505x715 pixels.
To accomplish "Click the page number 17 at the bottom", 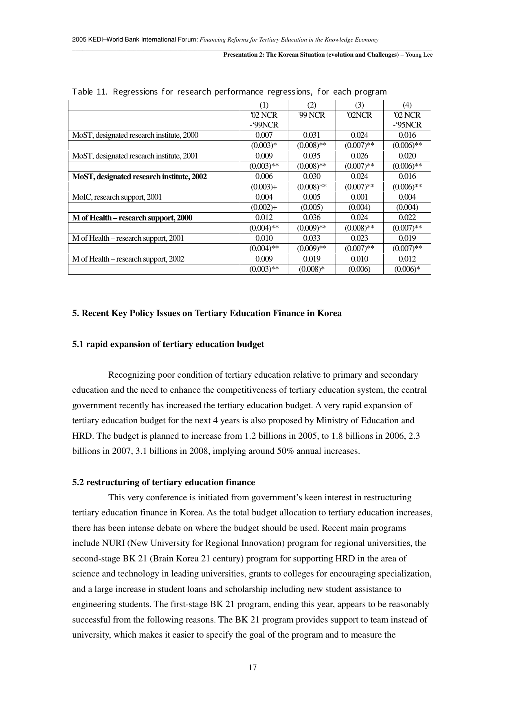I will [x=253, y=667].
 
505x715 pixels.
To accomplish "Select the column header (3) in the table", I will [x=359, y=105].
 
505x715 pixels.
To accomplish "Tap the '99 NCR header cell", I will [x=312, y=115].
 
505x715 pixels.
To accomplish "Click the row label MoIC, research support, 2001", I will [x=117, y=197].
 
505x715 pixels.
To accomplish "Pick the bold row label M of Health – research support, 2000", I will [x=132, y=218].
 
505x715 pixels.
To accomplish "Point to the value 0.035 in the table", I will [x=312, y=156].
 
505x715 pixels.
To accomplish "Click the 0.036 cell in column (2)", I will [x=312, y=218].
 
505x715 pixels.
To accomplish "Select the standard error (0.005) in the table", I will [x=312, y=207].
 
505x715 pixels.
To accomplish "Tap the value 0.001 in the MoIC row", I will [x=359, y=197].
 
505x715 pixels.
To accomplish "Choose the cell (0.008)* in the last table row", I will [x=312, y=269].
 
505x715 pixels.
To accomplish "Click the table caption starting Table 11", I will [x=229, y=92].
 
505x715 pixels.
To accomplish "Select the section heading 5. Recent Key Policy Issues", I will [x=207, y=313].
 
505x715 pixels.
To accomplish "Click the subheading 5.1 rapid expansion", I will [x=168, y=344].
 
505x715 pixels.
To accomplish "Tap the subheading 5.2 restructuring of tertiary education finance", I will [x=163, y=482].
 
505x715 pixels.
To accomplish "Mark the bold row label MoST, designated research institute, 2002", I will [x=139, y=176].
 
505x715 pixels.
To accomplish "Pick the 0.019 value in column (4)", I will [x=407, y=238].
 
